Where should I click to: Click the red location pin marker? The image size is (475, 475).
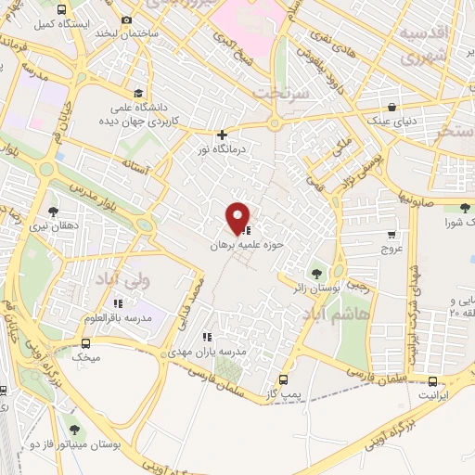238,218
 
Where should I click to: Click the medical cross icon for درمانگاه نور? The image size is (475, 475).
222,135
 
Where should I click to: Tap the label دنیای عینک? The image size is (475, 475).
393,121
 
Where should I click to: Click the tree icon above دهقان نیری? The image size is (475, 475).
52,211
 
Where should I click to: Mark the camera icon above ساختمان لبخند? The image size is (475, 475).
126,19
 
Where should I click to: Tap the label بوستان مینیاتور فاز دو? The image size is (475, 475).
77,445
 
